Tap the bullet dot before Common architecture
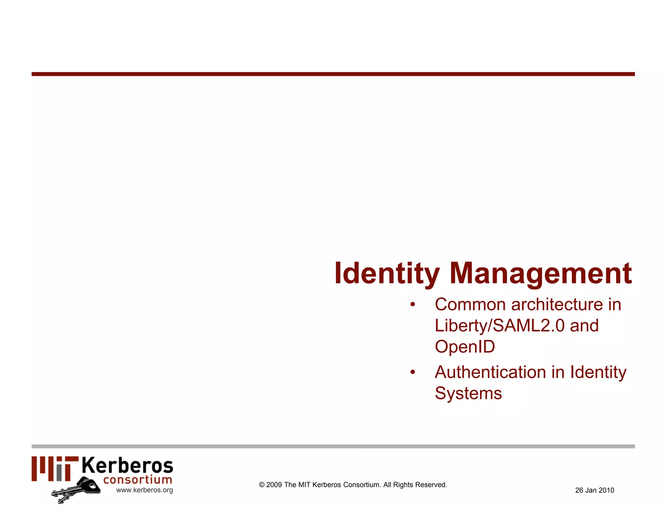pyautogui.click(x=413, y=304)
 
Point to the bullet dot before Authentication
pyautogui.click(x=413, y=372)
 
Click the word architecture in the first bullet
pyautogui.click(x=557, y=304)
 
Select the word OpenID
pyautogui.click(x=465, y=346)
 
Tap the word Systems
pyautogui.click(x=468, y=393)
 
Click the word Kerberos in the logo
pyautogui.click(x=127, y=466)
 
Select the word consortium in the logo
pyautogui.click(x=138, y=480)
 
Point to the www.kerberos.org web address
pyautogui.click(x=145, y=490)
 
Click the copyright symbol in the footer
pyautogui.click(x=262, y=485)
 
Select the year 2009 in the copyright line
pyautogui.click(x=274, y=485)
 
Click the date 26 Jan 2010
pyautogui.click(x=595, y=490)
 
